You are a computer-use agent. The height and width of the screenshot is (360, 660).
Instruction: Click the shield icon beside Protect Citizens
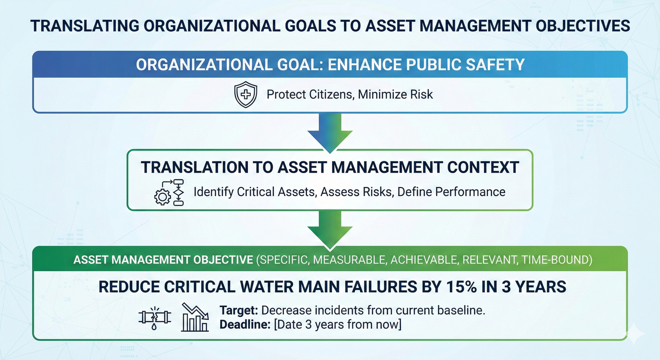(x=245, y=95)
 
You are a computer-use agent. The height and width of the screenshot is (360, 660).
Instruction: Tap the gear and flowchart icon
(x=169, y=193)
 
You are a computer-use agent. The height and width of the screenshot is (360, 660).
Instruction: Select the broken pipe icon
(x=155, y=318)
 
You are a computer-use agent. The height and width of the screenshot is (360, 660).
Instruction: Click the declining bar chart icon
(x=195, y=317)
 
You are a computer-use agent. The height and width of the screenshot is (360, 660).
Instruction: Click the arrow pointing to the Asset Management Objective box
(x=330, y=230)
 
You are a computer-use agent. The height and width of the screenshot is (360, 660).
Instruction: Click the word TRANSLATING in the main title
(x=85, y=26)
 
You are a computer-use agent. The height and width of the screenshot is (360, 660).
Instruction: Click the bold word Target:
(x=238, y=310)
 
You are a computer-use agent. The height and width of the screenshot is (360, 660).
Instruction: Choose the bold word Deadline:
(x=245, y=325)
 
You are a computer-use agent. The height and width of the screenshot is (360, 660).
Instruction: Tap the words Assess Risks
(x=356, y=192)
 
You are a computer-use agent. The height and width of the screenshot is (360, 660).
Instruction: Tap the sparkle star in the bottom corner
(x=635, y=333)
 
